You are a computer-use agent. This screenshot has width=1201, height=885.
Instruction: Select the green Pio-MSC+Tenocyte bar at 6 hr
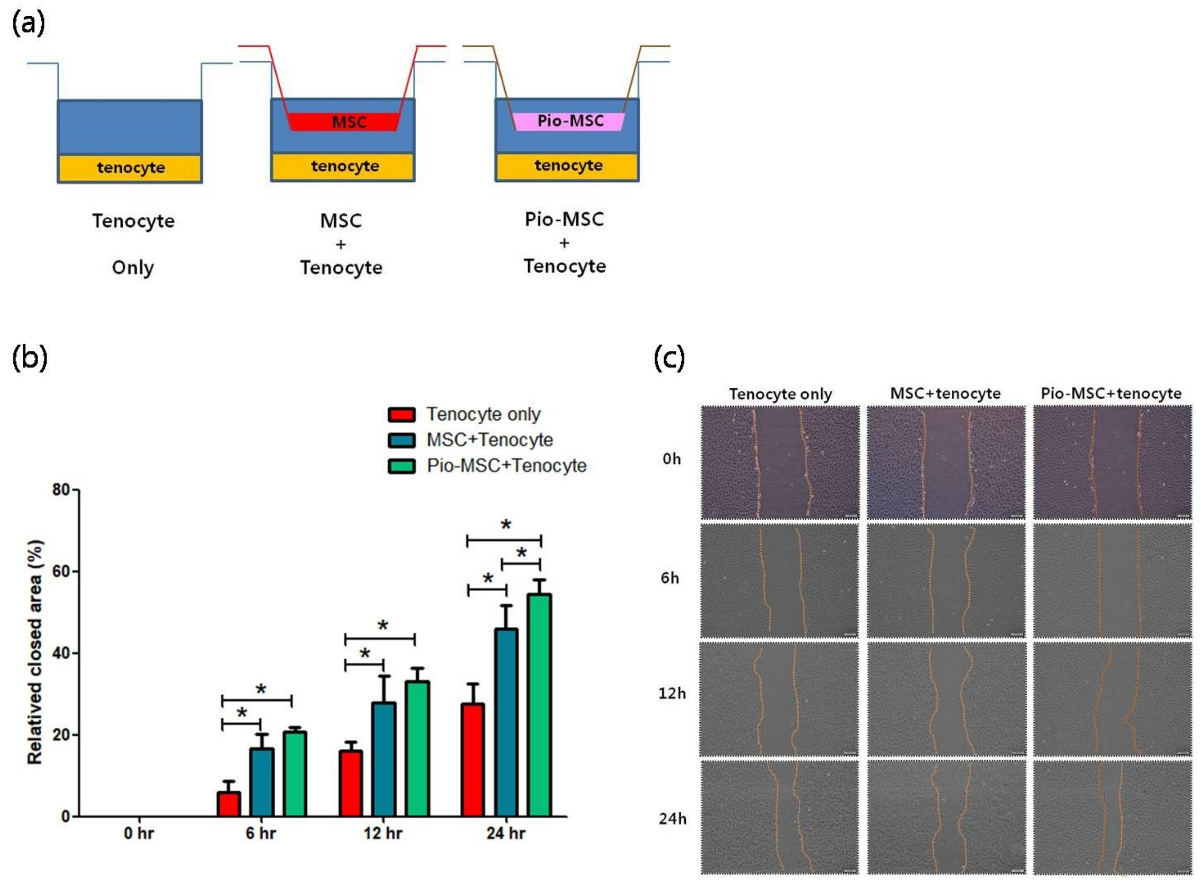point(294,774)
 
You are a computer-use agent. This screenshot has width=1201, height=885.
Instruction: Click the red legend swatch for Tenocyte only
point(402,414)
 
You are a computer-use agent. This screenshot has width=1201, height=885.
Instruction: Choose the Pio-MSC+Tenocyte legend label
point(506,465)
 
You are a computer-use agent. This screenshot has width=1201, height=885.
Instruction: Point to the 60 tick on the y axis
point(61,572)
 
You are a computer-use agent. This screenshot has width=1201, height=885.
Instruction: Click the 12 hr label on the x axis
point(383,834)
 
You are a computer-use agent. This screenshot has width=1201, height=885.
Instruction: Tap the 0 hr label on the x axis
point(138,834)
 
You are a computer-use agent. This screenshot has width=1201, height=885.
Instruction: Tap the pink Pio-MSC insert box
point(569,121)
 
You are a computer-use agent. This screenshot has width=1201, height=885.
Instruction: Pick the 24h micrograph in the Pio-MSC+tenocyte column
point(1112,817)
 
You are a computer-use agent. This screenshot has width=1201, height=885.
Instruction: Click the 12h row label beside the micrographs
point(672,693)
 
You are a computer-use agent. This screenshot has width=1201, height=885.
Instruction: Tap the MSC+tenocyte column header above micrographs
point(945,394)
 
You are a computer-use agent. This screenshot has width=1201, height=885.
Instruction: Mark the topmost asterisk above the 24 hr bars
point(505,525)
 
